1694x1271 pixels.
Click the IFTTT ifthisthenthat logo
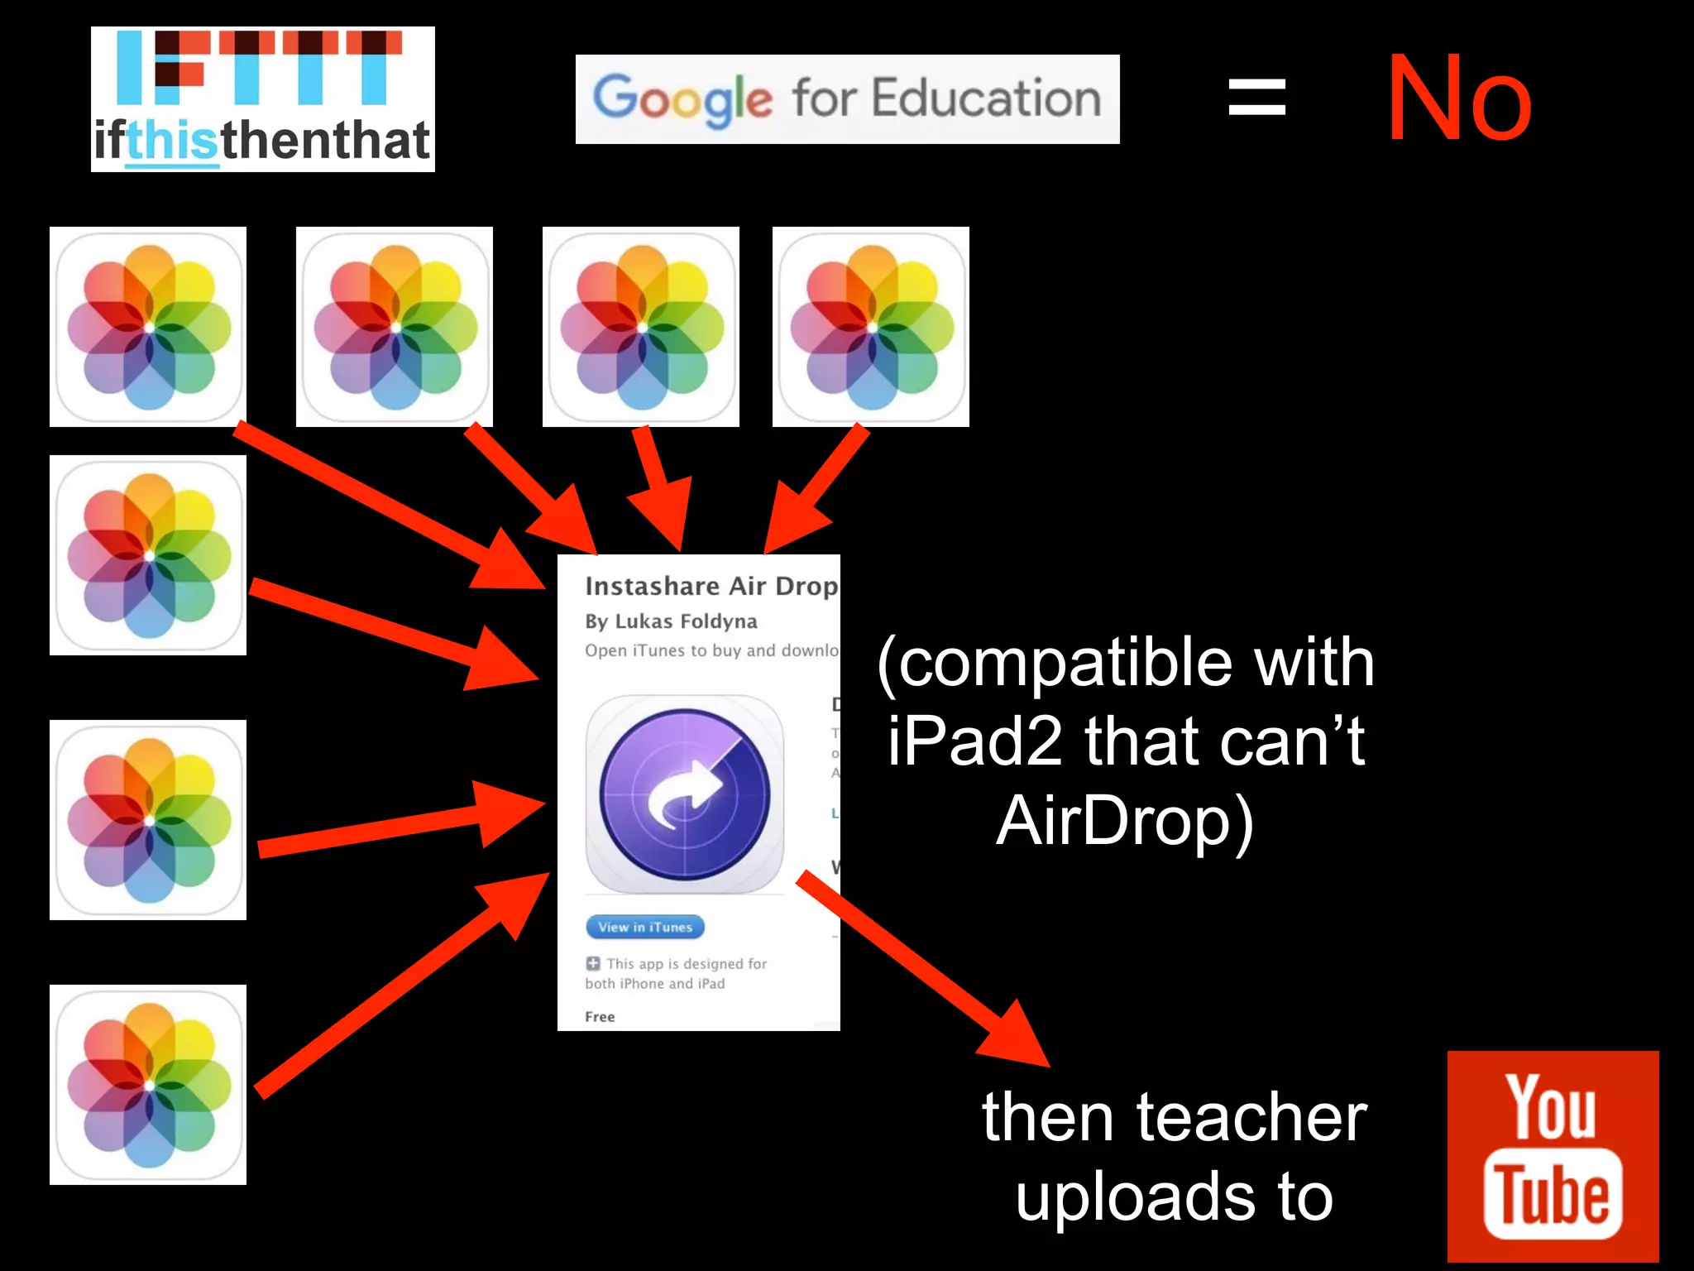(x=262, y=99)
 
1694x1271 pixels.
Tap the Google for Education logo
(x=847, y=99)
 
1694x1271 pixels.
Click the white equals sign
(x=1256, y=97)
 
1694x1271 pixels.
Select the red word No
(x=1459, y=99)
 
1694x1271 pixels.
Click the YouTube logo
(x=1553, y=1156)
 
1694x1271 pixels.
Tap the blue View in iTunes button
(x=645, y=927)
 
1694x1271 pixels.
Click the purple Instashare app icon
(x=685, y=794)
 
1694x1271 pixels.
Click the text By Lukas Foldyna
(x=671, y=621)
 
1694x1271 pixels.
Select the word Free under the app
(x=600, y=1017)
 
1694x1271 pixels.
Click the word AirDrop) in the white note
(x=1125, y=821)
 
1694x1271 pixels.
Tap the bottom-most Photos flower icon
(x=148, y=1084)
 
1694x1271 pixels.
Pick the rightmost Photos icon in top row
(x=870, y=327)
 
